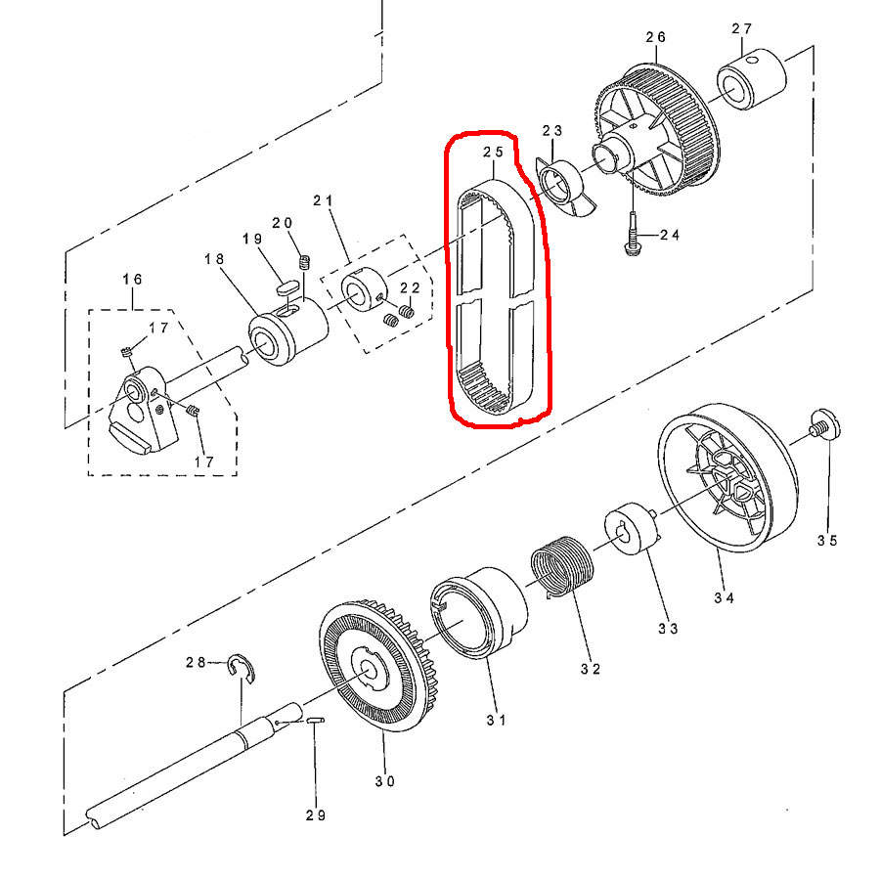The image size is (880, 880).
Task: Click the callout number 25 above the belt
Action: pyautogui.click(x=494, y=153)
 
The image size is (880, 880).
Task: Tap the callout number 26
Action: pyautogui.click(x=655, y=37)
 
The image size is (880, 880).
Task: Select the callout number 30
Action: pyautogui.click(x=385, y=781)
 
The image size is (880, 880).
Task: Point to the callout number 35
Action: pyautogui.click(x=827, y=541)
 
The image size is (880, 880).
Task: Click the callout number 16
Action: pyautogui.click(x=132, y=279)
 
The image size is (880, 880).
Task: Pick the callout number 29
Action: pyautogui.click(x=316, y=815)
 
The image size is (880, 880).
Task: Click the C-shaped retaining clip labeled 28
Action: pyautogui.click(x=242, y=669)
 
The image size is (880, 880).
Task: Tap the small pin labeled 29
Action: pyautogui.click(x=316, y=720)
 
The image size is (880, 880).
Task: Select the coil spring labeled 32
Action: pyautogui.click(x=562, y=566)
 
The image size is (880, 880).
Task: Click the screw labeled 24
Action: pyautogui.click(x=632, y=235)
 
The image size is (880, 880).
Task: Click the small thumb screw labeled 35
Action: pyautogui.click(x=824, y=424)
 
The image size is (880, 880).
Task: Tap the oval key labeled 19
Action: pyautogui.click(x=286, y=287)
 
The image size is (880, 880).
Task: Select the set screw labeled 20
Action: pyautogui.click(x=305, y=262)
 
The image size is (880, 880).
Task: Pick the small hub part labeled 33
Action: pyautogui.click(x=631, y=529)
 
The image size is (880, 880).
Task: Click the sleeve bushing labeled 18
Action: pyautogui.click(x=288, y=331)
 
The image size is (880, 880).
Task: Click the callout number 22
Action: pyautogui.click(x=410, y=287)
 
